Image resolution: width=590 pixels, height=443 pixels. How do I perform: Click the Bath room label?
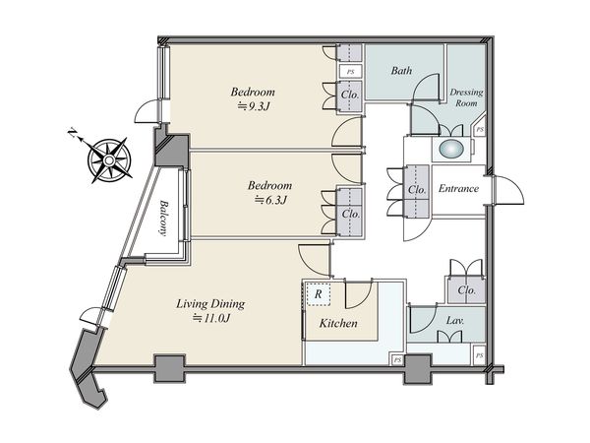tap(401, 71)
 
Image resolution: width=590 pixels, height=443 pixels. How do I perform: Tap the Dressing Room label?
tap(466, 97)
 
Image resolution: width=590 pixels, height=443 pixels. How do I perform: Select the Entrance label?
tap(458, 188)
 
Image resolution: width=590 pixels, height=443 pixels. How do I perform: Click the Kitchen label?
tap(338, 323)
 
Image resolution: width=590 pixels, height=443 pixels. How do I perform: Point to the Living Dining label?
tap(210, 304)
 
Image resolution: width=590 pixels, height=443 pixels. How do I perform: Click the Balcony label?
tap(163, 218)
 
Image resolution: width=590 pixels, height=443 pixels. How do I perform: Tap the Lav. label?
tap(455, 321)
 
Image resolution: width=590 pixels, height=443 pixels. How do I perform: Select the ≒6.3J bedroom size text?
tap(270, 200)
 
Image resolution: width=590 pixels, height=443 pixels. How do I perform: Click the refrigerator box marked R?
tap(318, 293)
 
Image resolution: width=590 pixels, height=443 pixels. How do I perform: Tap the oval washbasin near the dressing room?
tap(451, 150)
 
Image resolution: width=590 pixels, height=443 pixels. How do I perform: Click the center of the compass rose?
tap(109, 160)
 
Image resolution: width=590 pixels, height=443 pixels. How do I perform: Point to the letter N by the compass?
tap(72, 133)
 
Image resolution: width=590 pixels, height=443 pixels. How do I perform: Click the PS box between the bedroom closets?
tap(350, 71)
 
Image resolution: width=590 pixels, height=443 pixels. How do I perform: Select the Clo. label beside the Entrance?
tap(417, 189)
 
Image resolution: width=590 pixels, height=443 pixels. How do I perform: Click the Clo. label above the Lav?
tap(466, 290)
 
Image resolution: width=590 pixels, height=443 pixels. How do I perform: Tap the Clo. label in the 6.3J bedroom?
tap(351, 214)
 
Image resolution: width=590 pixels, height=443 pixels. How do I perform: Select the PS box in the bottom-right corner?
tap(479, 355)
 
